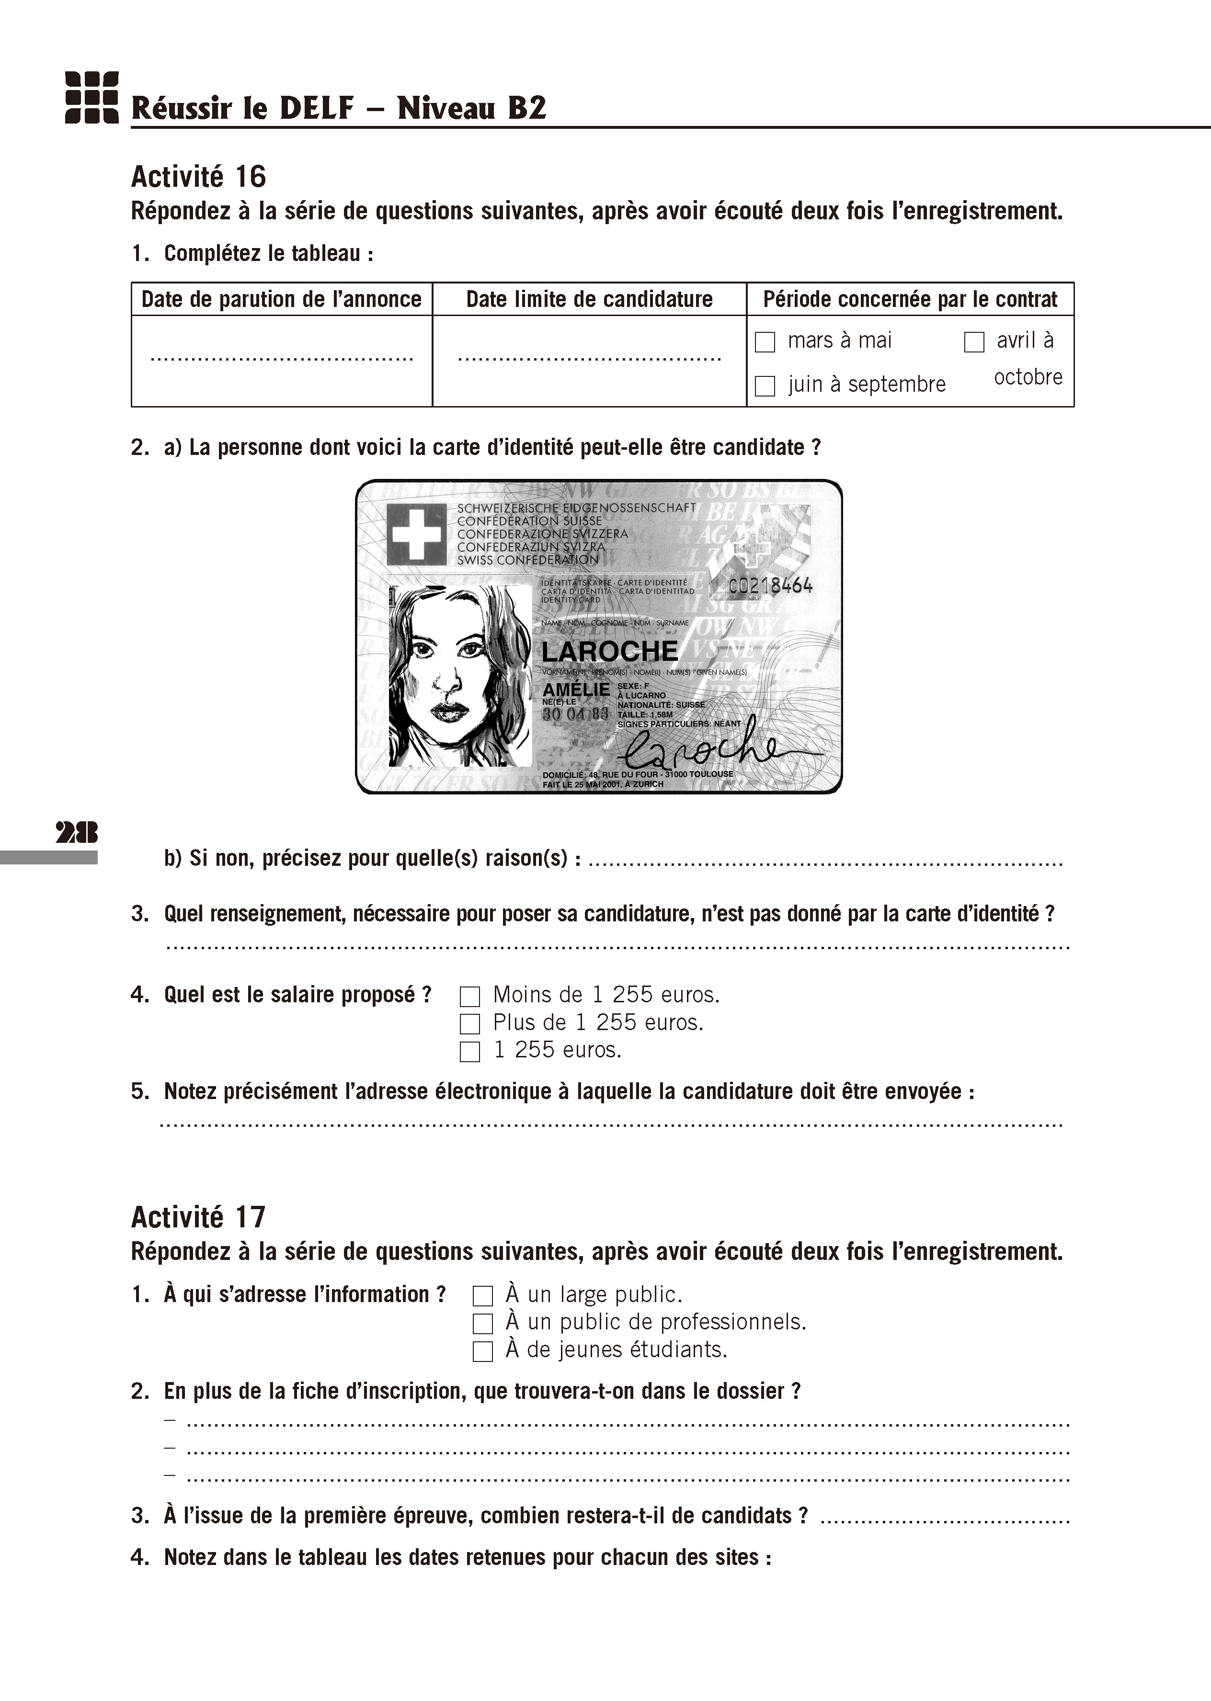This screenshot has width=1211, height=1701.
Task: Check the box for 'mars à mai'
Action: (x=765, y=342)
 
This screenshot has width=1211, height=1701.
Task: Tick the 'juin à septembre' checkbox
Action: (x=765, y=386)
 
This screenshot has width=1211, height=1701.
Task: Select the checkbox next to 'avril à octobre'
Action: (x=974, y=342)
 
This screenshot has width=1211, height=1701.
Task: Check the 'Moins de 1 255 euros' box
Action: (x=470, y=997)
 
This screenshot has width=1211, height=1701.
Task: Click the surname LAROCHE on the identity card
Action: (x=609, y=651)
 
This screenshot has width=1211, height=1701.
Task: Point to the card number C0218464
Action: (x=770, y=586)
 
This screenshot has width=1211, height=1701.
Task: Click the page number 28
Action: (x=76, y=832)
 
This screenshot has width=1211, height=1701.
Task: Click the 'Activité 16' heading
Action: (x=198, y=177)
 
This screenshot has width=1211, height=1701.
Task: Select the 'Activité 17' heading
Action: (x=198, y=1217)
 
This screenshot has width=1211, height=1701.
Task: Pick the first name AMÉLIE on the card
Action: (x=576, y=690)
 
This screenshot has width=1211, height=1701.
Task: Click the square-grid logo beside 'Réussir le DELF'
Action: (x=91, y=97)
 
